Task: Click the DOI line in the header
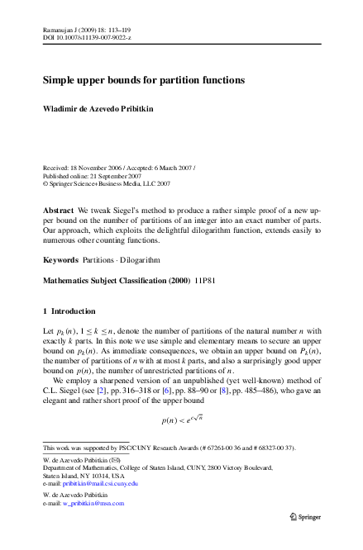[x=87, y=39]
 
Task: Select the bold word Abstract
[x=58, y=211]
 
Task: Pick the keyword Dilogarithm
[x=139, y=260]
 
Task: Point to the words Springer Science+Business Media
[x=100, y=184]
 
